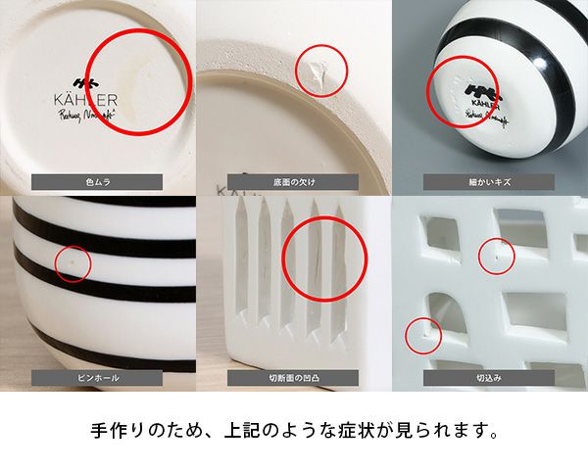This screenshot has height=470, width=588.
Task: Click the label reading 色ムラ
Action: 97,181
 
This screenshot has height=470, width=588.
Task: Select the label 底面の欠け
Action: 293,181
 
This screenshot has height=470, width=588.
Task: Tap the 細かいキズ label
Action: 489,181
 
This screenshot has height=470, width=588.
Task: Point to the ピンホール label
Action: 97,377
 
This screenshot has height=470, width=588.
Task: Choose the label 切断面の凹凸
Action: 293,377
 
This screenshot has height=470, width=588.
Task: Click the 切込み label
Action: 489,377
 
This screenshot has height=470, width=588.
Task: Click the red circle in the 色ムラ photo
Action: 142,81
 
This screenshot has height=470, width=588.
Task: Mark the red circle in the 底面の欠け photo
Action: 321,70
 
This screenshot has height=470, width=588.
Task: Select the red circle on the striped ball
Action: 463,91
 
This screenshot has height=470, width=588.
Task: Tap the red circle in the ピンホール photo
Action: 68,263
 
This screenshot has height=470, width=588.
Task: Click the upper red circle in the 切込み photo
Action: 496,256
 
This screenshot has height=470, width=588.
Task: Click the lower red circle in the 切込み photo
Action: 423,336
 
